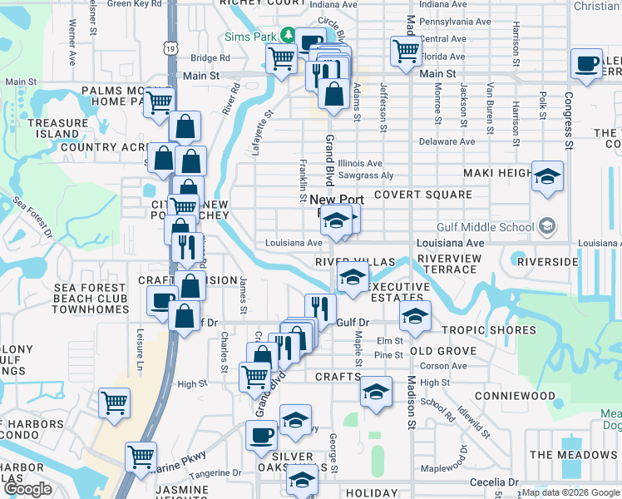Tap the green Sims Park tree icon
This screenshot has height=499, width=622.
point(288,35)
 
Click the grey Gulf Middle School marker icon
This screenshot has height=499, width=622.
point(547,225)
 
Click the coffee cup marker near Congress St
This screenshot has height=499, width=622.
point(586,64)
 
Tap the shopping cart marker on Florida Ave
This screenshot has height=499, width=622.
point(406,51)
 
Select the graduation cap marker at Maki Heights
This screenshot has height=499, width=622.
point(547,176)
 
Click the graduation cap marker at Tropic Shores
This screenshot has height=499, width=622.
point(415,316)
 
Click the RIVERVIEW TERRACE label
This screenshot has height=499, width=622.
point(448,264)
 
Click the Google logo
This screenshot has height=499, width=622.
point(27,489)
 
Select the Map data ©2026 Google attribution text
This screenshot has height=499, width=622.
point(570,492)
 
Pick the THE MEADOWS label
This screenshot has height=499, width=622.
point(573,455)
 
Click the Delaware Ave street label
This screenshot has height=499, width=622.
point(447,141)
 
